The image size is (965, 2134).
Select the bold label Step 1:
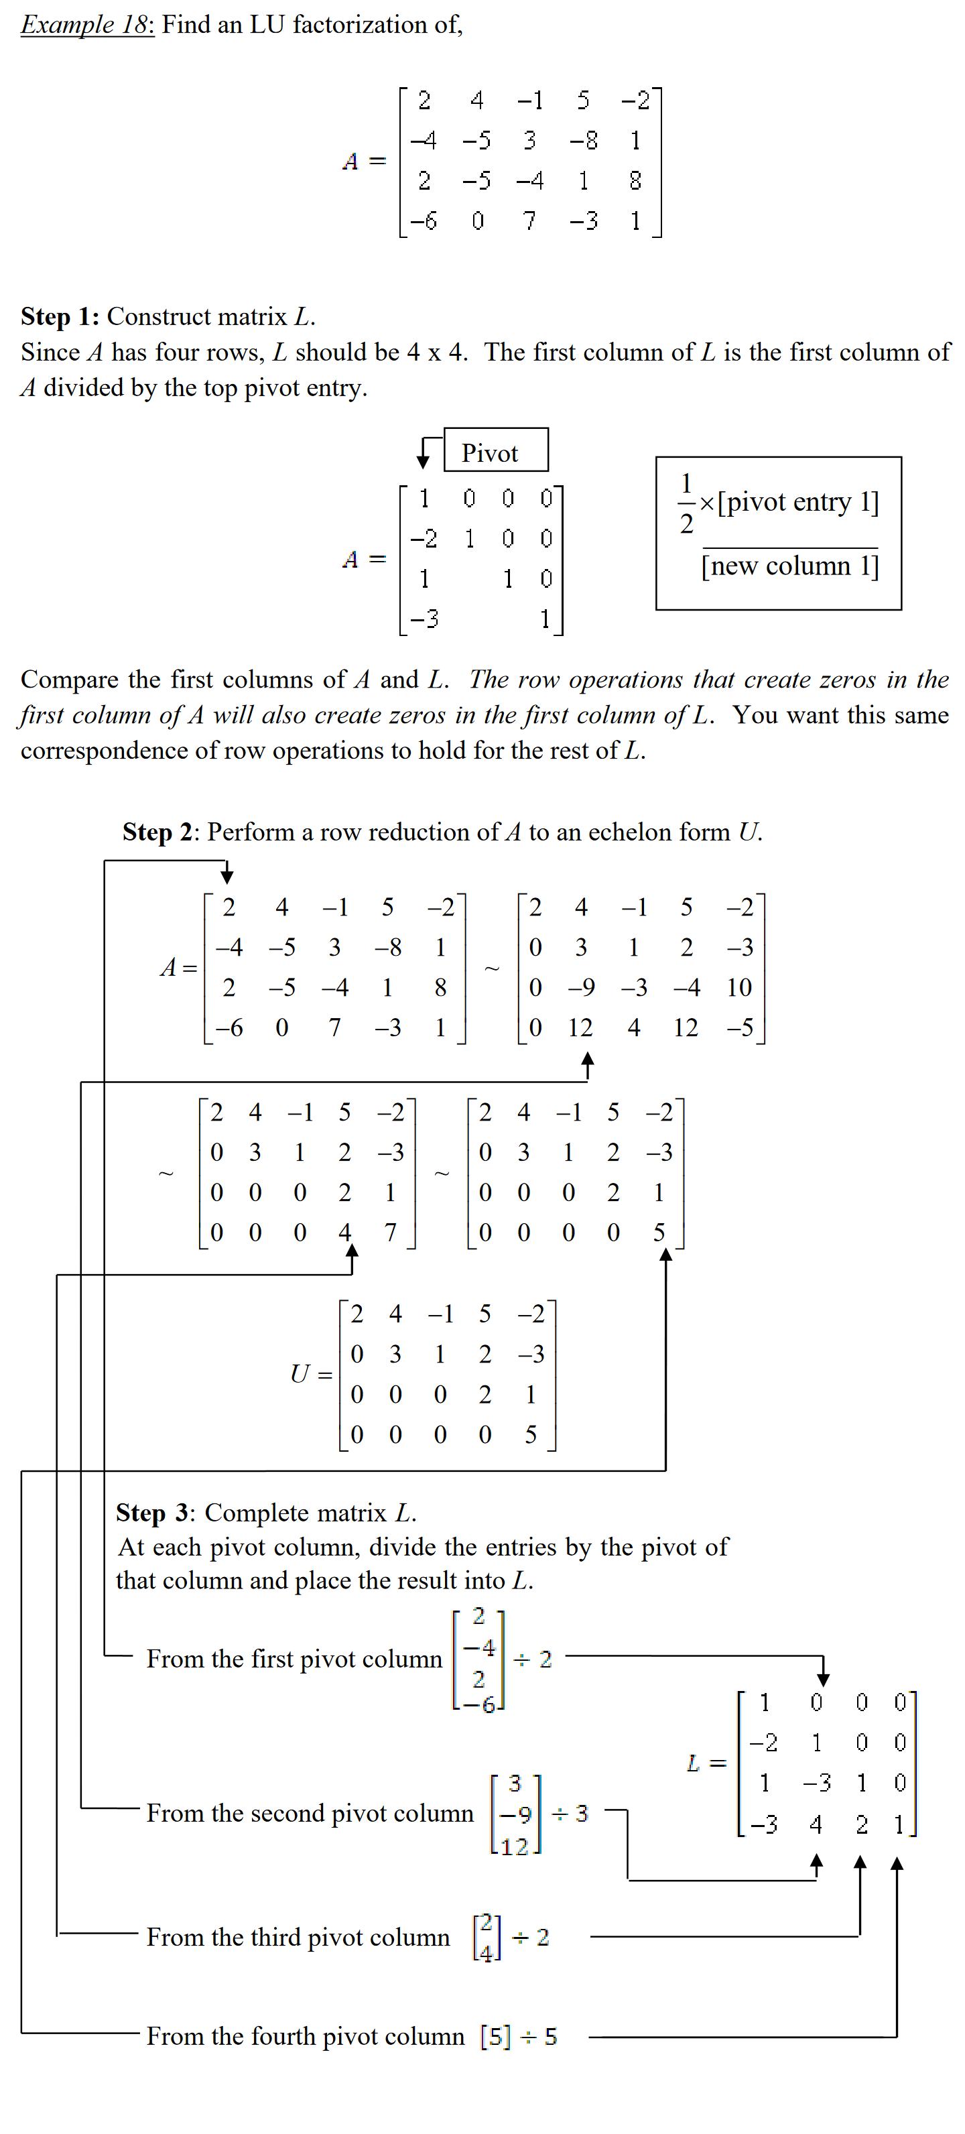point(60,316)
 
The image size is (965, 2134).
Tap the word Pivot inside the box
point(490,453)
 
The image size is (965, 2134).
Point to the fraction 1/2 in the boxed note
point(686,503)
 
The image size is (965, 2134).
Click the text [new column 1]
point(789,566)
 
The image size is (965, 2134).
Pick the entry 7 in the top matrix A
point(529,221)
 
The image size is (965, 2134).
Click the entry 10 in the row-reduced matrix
point(739,987)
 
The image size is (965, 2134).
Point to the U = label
point(311,1375)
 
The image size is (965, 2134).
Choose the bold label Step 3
point(154,1513)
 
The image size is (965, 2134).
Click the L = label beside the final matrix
point(706,1763)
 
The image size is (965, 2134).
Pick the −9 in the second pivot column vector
point(515,1815)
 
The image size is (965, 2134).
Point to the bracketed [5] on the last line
point(495,2036)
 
